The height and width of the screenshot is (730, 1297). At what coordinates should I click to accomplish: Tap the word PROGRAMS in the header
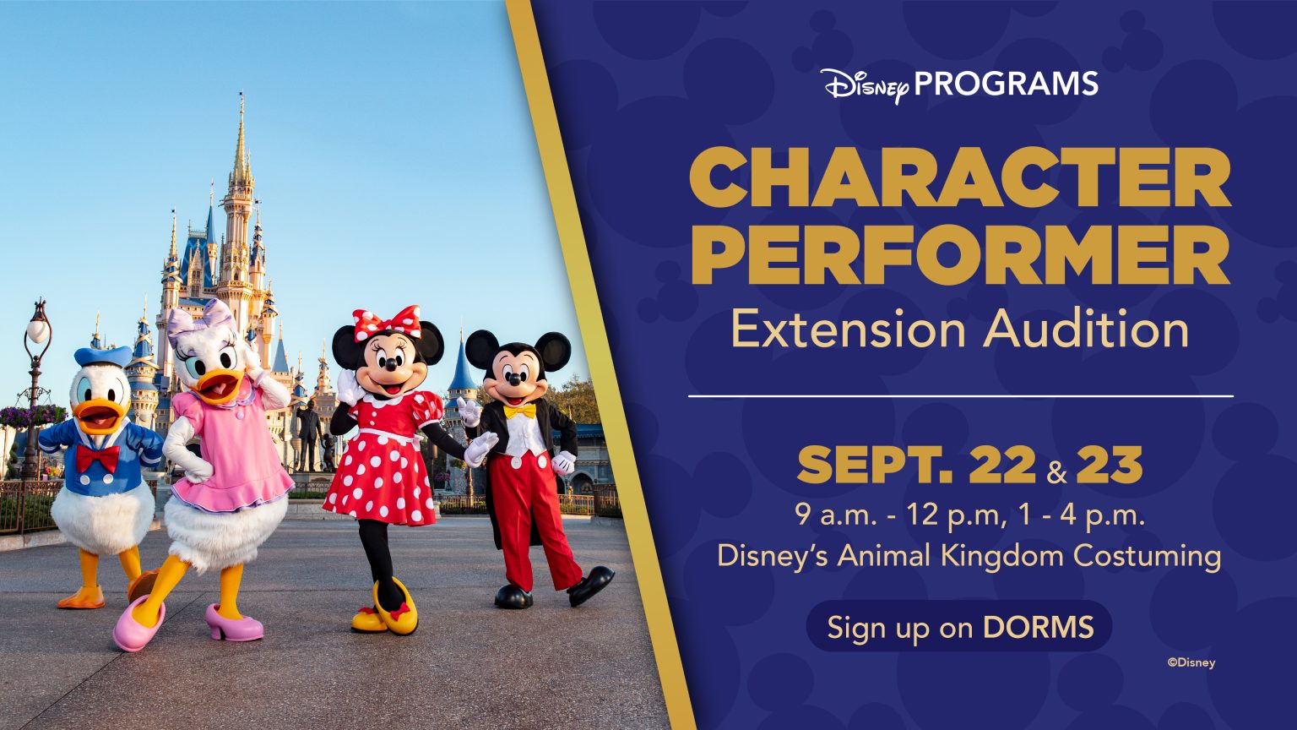(x=1006, y=84)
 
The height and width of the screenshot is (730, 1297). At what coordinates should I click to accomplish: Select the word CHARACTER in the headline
(x=960, y=179)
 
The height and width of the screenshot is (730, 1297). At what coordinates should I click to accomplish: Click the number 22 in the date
(x=1001, y=466)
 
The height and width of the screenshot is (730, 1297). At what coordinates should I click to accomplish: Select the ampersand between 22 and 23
(x=1056, y=471)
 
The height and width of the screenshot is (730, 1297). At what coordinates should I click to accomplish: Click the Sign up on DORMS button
(x=959, y=627)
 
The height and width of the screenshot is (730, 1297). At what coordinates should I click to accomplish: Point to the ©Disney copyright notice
(x=1191, y=662)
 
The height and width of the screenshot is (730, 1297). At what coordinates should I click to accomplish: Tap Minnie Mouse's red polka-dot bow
(x=387, y=322)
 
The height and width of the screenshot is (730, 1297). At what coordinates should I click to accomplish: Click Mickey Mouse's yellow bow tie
(x=518, y=411)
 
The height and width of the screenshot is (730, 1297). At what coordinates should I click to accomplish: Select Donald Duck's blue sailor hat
(x=102, y=355)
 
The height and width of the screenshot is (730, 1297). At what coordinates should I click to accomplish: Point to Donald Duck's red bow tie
(x=97, y=458)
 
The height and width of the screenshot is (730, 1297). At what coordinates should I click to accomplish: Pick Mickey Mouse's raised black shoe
(x=590, y=585)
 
